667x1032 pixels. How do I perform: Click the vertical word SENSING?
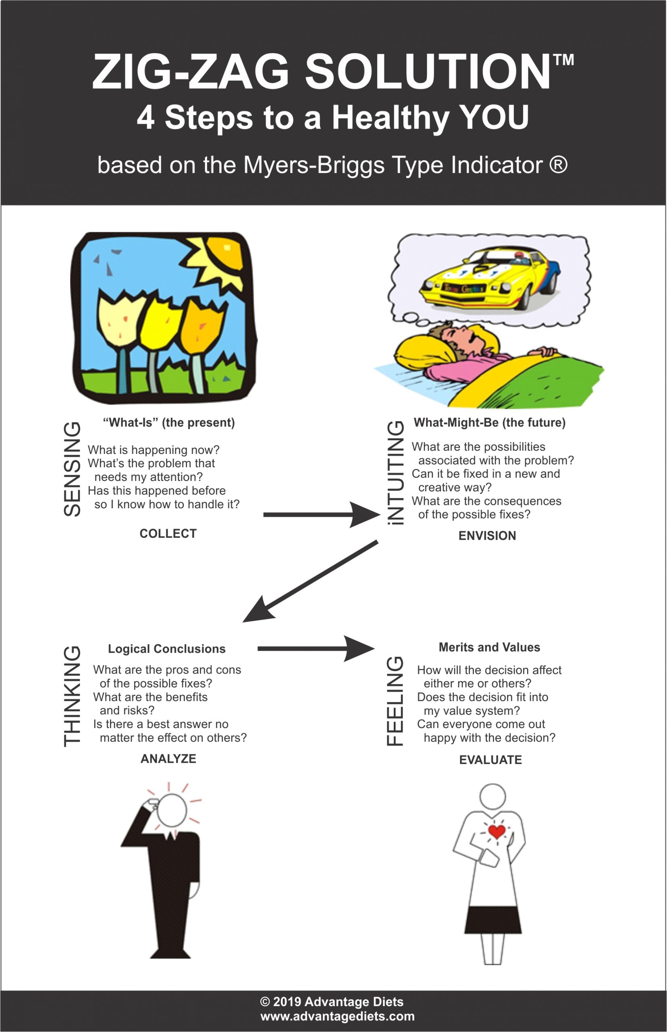click(x=72, y=469)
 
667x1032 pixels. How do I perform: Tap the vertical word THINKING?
click(x=72, y=696)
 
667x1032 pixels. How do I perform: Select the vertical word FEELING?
click(x=395, y=701)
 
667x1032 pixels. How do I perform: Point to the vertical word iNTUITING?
click(x=395, y=473)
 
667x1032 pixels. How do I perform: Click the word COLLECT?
click(x=168, y=533)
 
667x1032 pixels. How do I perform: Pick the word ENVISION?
click(x=487, y=535)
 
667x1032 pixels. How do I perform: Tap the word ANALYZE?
click(x=168, y=759)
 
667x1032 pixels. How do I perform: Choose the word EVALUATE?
click(x=490, y=759)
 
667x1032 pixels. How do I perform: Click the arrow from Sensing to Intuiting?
click(x=320, y=515)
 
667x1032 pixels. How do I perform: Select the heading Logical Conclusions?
click(x=167, y=649)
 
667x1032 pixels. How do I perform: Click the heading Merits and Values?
click(x=489, y=647)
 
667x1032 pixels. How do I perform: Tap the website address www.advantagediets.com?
click(x=337, y=1016)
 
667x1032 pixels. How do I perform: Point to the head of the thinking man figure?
click(x=172, y=810)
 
